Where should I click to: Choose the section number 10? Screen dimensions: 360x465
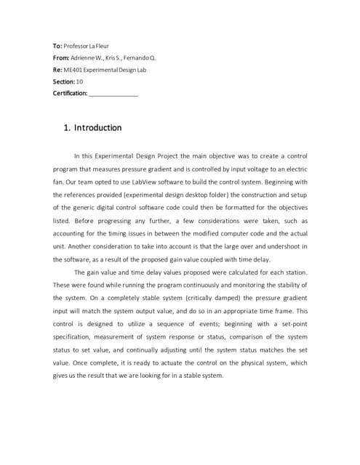click(x=79, y=81)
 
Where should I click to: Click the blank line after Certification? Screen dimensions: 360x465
click(x=113, y=94)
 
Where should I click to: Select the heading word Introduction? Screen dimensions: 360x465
click(x=98, y=128)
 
